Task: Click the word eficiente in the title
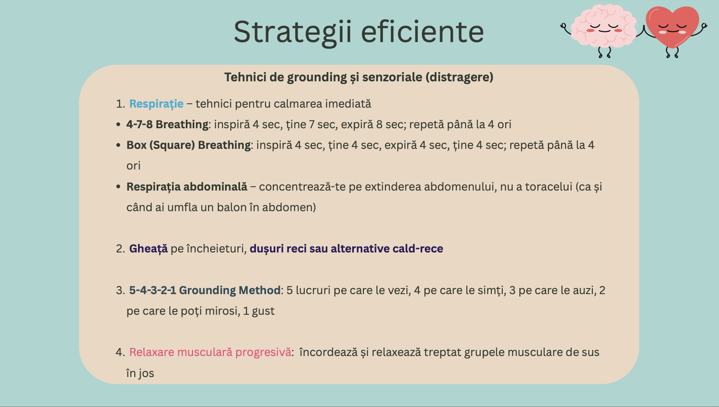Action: coord(422,32)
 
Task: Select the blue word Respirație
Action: coord(156,104)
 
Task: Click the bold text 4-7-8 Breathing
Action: coord(167,125)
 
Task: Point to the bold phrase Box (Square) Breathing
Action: coord(189,145)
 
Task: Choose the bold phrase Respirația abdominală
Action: coord(187,187)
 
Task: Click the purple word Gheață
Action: coord(148,249)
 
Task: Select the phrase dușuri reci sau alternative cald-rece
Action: coord(346,249)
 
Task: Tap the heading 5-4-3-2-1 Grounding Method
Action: coord(205,290)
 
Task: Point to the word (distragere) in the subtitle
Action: coord(459,77)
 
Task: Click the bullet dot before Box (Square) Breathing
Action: coord(118,145)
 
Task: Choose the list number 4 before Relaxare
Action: coord(120,352)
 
